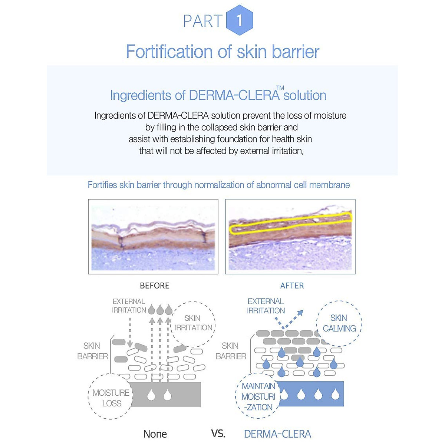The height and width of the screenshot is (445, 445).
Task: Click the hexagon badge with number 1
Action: pyautogui.click(x=240, y=20)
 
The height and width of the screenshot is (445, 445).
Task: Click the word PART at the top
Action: pyautogui.click(x=202, y=21)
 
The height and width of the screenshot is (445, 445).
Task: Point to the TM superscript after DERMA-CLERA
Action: pyautogui.click(x=280, y=88)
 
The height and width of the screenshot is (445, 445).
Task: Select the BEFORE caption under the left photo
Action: pyautogui.click(x=155, y=286)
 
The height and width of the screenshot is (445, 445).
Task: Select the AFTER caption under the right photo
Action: pyautogui.click(x=292, y=286)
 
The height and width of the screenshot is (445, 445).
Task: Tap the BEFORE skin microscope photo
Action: pyautogui.click(x=153, y=237)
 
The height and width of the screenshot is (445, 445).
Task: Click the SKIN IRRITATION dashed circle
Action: pyautogui.click(x=193, y=323)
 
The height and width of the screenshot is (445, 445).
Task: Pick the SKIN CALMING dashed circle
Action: pyautogui.click(x=339, y=323)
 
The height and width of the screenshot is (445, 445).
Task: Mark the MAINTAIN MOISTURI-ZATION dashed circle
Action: pyautogui.click(x=258, y=396)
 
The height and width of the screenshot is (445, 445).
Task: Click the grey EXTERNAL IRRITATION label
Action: pyautogui.click(x=129, y=306)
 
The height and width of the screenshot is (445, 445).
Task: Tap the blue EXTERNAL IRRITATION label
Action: pyautogui.click(x=266, y=306)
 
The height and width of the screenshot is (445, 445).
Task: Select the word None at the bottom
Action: pyautogui.click(x=155, y=434)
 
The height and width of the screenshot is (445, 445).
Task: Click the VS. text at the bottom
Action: pyautogui.click(x=218, y=433)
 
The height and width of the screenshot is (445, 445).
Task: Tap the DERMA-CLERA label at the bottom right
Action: pyautogui.click(x=277, y=434)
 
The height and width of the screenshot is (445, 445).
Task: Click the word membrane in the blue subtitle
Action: pyautogui.click(x=331, y=185)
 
